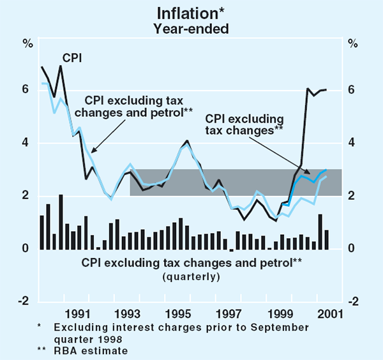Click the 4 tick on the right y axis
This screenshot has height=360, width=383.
[x=353, y=143]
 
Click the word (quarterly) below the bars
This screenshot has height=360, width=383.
[x=191, y=276]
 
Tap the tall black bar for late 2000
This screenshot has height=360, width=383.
[x=320, y=231]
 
